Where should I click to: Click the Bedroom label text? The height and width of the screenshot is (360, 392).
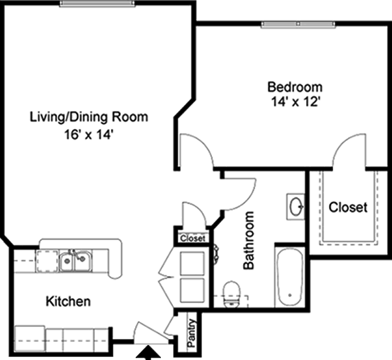(295, 87)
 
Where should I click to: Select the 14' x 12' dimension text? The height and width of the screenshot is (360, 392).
(296, 101)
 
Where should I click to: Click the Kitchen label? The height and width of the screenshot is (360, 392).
(68, 301)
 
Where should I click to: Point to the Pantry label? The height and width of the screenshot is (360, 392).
(191, 333)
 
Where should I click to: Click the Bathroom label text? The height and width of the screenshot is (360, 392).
(249, 241)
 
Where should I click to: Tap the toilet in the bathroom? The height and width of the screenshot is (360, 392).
(232, 295)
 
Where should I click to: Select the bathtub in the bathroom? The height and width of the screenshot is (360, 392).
(290, 277)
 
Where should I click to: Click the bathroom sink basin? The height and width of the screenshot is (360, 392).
(297, 206)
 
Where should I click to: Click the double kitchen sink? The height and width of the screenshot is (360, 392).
(75, 261)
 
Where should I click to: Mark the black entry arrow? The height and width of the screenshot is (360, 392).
(148, 353)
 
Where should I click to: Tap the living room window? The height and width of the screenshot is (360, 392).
(97, 3)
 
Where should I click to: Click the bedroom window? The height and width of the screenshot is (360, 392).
(298, 24)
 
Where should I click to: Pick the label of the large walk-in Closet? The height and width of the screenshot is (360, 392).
(348, 207)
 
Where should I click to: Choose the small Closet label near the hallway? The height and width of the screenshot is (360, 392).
(193, 238)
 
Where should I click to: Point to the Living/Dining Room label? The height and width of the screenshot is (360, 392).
(89, 117)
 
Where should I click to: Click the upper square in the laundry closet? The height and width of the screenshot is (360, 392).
(192, 263)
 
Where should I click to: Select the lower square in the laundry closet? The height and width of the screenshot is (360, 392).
(192, 290)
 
